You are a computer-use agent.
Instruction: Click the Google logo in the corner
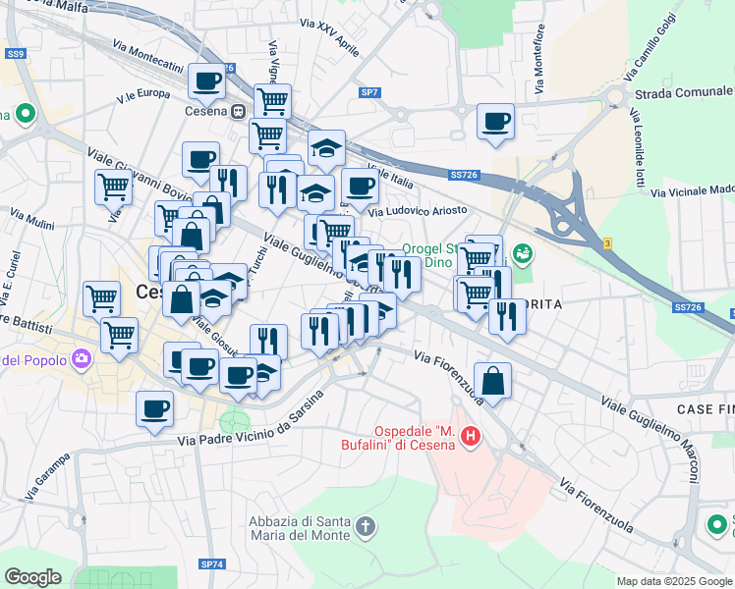tap(32, 577)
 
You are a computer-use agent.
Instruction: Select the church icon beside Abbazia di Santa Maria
tap(365, 527)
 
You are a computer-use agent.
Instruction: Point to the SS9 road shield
tap(15, 54)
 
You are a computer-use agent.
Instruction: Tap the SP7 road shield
tap(369, 92)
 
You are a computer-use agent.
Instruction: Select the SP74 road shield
tap(212, 564)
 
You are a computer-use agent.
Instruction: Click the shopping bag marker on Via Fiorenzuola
tap(492, 381)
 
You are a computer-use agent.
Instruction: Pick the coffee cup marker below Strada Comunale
tap(495, 122)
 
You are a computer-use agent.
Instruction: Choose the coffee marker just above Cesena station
tap(207, 81)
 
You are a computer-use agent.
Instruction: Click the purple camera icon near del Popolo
tap(81, 359)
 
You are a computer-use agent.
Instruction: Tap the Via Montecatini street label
tap(147, 57)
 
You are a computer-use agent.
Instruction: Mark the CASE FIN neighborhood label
tap(705, 407)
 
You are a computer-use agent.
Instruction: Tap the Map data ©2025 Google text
tap(673, 581)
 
